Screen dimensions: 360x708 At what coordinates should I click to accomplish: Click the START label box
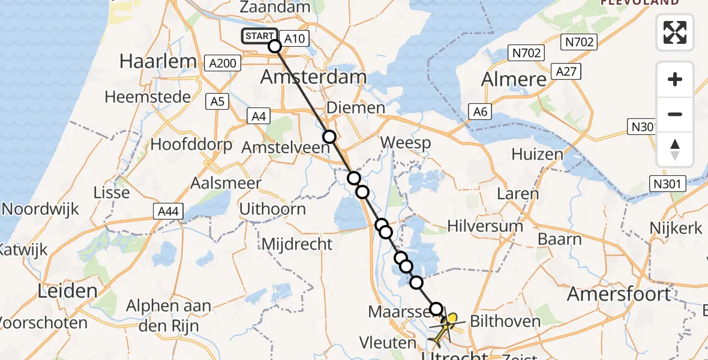coord(260,36)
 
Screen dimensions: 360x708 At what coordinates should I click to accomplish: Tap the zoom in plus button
coord(675,79)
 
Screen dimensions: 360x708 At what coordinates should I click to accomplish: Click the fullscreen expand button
coord(675,32)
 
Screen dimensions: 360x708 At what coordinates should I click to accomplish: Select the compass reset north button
coord(675,149)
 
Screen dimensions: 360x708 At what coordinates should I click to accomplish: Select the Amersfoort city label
coord(619,294)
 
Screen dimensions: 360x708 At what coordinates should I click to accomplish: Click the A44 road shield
coord(169,211)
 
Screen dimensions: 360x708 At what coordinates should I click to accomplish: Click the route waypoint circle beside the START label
coord(275,46)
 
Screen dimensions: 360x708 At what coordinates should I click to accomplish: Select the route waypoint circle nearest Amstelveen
coord(329,137)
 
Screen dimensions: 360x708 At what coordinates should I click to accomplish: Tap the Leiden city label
coord(67,292)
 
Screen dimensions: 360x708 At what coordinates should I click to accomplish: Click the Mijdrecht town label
coord(297,244)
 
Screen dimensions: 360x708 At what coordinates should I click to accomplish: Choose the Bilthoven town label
coord(506,321)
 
